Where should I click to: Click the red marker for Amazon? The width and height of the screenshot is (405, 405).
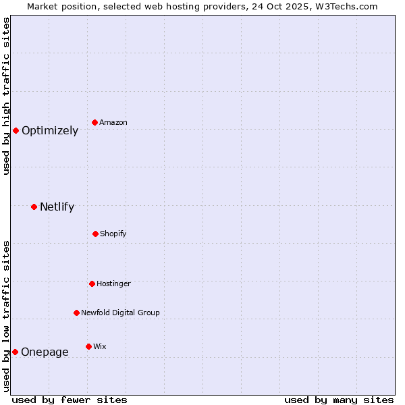pyautogui.click(x=94, y=122)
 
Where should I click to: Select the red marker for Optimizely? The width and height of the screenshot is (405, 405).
pyautogui.click(x=16, y=130)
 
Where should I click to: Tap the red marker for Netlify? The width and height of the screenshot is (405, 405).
pyautogui.click(x=34, y=207)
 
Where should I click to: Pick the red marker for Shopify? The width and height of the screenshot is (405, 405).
pyautogui.click(x=95, y=234)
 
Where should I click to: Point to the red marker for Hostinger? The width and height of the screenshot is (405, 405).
pyautogui.click(x=92, y=283)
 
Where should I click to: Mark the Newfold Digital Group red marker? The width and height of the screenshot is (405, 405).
pyautogui.click(x=76, y=313)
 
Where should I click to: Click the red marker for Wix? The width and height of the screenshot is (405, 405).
pyautogui.click(x=88, y=346)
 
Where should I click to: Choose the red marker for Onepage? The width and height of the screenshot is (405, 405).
pyautogui.click(x=15, y=352)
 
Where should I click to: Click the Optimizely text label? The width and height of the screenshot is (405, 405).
pyautogui.click(x=50, y=131)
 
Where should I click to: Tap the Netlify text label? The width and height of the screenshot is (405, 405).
pyautogui.click(x=57, y=207)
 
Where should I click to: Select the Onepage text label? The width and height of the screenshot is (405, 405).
pyautogui.click(x=45, y=352)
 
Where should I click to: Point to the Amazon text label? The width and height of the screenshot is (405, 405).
pyautogui.click(x=113, y=123)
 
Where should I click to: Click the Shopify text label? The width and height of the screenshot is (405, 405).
pyautogui.click(x=113, y=234)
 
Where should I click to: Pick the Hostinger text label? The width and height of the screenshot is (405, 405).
pyautogui.click(x=113, y=284)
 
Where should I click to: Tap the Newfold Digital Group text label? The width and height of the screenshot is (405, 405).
pyautogui.click(x=120, y=313)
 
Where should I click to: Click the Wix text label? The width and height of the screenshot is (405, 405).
pyautogui.click(x=100, y=347)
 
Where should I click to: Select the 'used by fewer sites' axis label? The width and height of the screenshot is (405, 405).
pyautogui.click(x=70, y=400)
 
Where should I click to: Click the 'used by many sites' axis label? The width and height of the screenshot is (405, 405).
pyautogui.click(x=339, y=400)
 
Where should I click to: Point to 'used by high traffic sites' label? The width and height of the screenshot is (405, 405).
pyautogui.click(x=6, y=96)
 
